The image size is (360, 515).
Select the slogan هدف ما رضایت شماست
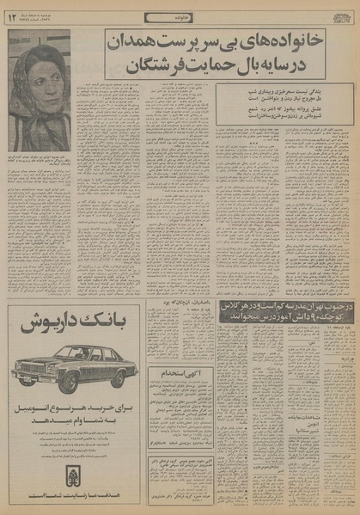[74, 496]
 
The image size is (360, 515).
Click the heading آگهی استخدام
[179, 398]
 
